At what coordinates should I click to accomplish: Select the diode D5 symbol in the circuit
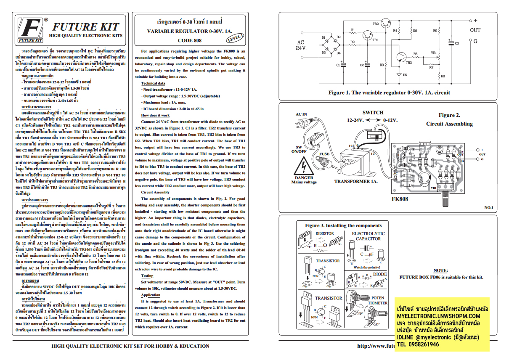398,74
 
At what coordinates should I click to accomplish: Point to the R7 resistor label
431,68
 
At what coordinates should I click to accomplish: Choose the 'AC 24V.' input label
300,45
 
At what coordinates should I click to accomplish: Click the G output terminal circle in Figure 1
470,41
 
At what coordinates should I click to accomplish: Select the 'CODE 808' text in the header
189,41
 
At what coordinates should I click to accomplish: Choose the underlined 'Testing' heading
147,275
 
